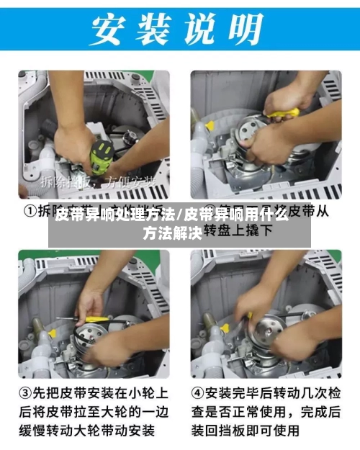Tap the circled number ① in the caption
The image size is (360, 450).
[31, 212]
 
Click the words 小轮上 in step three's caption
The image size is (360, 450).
[147, 394]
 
